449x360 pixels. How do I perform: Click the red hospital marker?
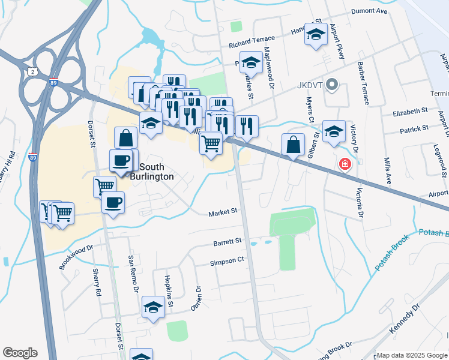(x=345, y=164)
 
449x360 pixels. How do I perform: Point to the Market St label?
(x=223, y=212)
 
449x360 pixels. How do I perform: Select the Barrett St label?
(x=227, y=242)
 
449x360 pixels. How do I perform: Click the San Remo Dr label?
(x=133, y=274)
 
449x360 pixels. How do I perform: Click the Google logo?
(x=20, y=353)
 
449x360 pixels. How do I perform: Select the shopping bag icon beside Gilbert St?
(x=292, y=145)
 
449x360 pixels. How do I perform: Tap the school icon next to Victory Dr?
(x=334, y=131)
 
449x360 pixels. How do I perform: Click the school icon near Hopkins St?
(x=153, y=308)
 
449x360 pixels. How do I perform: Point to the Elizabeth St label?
(x=410, y=111)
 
